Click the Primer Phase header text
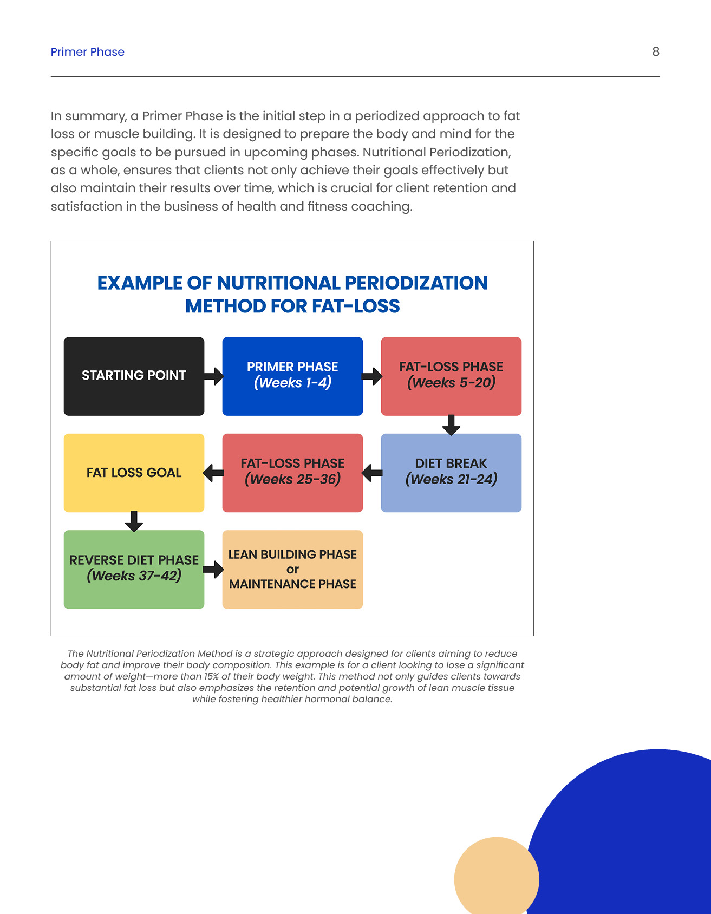coord(87,52)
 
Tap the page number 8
coord(655,51)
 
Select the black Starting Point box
coord(134,376)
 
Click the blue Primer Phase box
coord(292,376)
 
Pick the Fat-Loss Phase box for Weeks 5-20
coord(451,376)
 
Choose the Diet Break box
coord(451,473)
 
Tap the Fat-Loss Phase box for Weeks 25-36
coord(292,473)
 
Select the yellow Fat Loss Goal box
coord(134,473)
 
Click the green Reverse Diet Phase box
coord(134,569)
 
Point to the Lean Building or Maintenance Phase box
coord(292,569)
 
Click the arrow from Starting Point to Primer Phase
coord(214,376)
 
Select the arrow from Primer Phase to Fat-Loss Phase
coord(372,376)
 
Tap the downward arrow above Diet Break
coord(451,425)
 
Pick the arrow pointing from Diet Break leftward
coord(372,473)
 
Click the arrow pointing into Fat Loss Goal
coord(214,473)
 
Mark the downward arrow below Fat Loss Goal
coord(134,521)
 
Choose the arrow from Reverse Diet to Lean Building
coord(214,569)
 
